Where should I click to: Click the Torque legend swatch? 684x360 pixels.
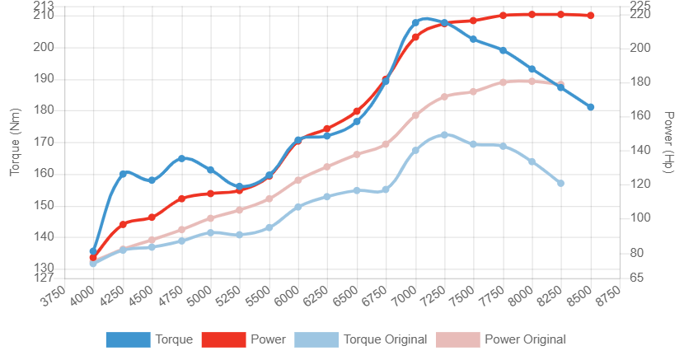(x=128, y=339)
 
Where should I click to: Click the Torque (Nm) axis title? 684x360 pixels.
(x=15, y=143)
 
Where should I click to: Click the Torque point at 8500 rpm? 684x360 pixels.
(x=591, y=107)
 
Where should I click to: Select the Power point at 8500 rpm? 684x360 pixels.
(x=591, y=16)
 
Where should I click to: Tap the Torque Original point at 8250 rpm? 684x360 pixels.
(x=561, y=183)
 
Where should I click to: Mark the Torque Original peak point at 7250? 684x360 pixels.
(x=444, y=134)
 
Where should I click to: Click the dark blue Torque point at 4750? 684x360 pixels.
(x=181, y=158)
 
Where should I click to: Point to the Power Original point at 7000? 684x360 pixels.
(x=415, y=115)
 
